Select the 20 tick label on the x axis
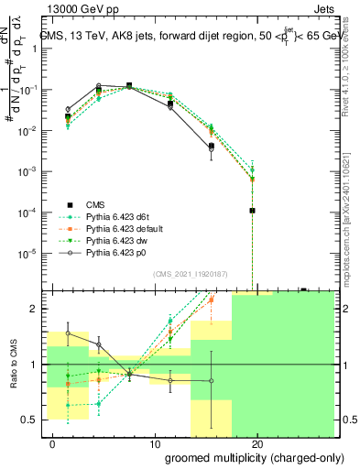pos(257,443)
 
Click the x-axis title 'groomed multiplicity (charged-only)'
pos(243,457)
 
